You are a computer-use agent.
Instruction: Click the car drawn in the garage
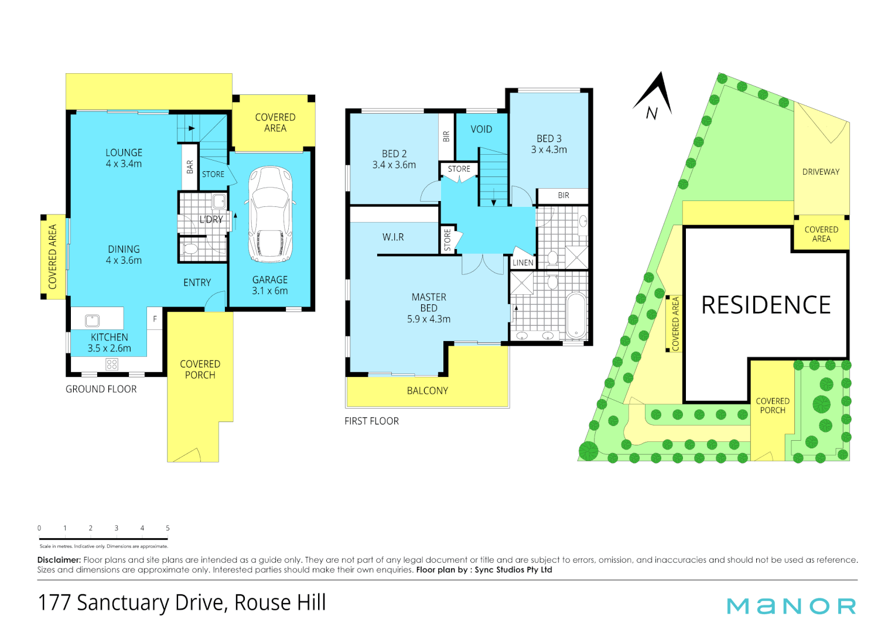click(270, 215)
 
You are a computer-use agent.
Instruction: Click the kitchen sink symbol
click(93, 320)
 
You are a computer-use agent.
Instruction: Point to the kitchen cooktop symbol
click(112, 365)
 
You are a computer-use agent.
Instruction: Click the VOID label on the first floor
click(481, 129)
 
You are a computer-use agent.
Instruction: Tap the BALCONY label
click(427, 391)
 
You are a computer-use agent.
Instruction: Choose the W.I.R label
click(393, 237)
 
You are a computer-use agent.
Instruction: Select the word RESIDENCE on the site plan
click(766, 305)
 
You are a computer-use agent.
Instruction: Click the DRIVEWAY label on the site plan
click(821, 172)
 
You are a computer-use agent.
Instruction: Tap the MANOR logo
click(791, 606)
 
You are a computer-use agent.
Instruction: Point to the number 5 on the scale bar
click(168, 528)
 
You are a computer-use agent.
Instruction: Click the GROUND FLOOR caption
click(101, 389)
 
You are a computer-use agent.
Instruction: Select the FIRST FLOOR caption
click(371, 421)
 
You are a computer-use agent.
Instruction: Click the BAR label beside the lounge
click(190, 167)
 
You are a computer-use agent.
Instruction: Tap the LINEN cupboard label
click(522, 263)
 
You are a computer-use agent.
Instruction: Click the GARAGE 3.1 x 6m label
click(270, 285)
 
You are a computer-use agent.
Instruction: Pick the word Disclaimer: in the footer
click(59, 560)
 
